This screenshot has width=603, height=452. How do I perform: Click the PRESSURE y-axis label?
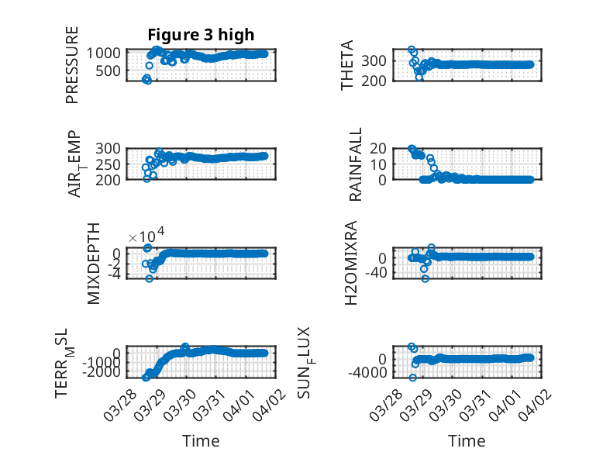click(x=72, y=64)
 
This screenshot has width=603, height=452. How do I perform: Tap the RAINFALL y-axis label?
click(x=355, y=165)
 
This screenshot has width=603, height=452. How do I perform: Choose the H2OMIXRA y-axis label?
click(x=351, y=264)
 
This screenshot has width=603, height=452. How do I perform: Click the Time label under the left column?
click(x=201, y=441)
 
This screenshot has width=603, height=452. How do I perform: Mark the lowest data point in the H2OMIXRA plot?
click(x=425, y=278)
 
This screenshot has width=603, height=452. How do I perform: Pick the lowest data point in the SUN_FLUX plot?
click(x=413, y=378)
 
